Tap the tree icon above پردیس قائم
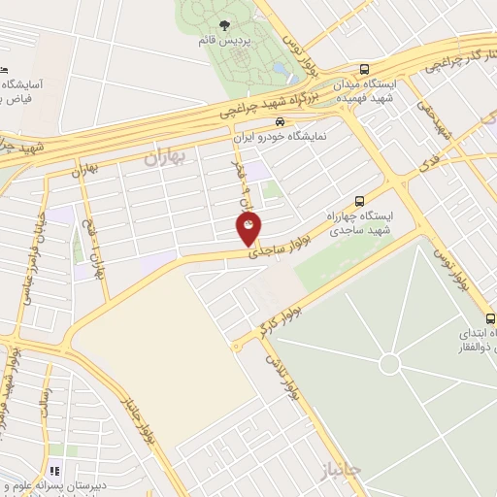225,26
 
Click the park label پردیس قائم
225,42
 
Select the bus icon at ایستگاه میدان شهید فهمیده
364,69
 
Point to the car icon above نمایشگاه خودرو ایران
280,122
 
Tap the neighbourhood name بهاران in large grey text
164,157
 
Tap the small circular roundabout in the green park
389,364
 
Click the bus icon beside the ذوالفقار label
490,318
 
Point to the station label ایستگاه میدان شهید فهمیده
364,92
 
